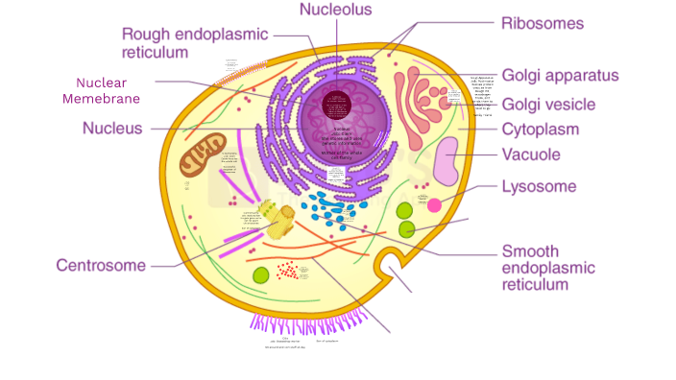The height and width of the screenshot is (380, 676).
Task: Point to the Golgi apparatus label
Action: tap(560, 76)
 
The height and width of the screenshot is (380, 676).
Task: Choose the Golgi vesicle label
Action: tap(548, 104)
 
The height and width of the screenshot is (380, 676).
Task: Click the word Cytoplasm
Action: tap(541, 130)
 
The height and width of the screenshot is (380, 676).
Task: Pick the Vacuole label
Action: tap(531, 154)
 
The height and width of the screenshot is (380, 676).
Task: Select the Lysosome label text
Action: tap(539, 186)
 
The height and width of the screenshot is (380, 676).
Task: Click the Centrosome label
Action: tap(101, 266)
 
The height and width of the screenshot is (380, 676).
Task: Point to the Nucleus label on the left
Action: tap(112, 128)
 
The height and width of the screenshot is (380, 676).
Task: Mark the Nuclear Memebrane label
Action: tap(101, 90)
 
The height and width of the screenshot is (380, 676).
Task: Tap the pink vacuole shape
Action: tap(446, 161)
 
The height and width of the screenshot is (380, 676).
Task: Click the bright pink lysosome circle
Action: tap(434, 204)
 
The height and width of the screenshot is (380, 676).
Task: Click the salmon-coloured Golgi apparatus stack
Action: tap(421, 101)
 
